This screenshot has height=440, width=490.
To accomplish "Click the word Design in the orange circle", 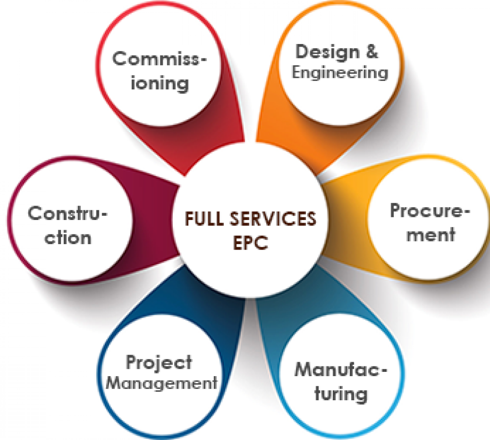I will click(x=321, y=52).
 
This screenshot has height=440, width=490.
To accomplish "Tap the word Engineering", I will click(x=340, y=72).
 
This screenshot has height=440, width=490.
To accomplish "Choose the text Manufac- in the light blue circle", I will click(x=340, y=370).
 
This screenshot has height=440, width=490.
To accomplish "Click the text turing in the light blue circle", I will click(x=340, y=394).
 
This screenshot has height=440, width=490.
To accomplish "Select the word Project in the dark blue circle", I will click(x=159, y=363).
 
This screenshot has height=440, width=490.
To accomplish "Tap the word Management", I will click(x=161, y=383).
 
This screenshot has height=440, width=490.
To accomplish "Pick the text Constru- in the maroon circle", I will click(x=68, y=213).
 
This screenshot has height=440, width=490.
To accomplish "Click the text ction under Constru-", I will click(x=68, y=238).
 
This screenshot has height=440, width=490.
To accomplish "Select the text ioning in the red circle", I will click(x=159, y=83).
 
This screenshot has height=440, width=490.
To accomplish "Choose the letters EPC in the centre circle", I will click(x=250, y=243).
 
